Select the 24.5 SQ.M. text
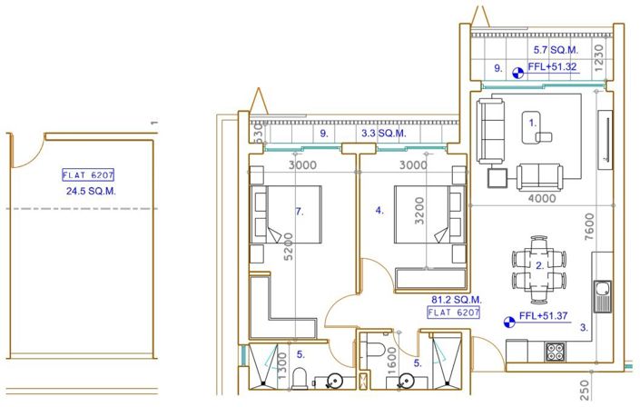coord(91,192)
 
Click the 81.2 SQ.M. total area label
coord(456,299)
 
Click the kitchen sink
coord(603,293)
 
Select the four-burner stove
coord(554,350)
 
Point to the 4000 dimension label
coord(541,198)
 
